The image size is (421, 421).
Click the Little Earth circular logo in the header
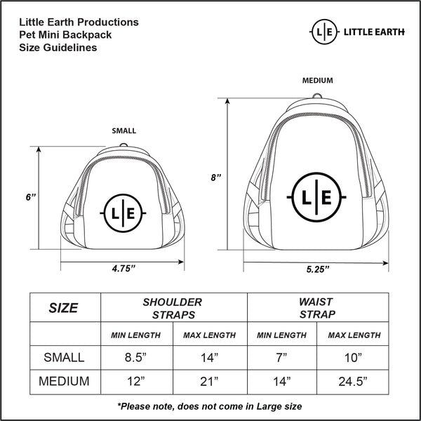(324, 32)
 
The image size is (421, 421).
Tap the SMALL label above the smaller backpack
(124, 131)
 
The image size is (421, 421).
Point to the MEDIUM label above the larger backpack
(318, 80)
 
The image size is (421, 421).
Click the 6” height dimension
(31, 197)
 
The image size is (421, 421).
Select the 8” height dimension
(216, 178)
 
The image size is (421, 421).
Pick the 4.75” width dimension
(123, 268)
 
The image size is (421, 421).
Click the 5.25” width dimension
(318, 269)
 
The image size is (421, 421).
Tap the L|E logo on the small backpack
(123, 213)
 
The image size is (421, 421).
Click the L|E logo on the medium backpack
(316, 197)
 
